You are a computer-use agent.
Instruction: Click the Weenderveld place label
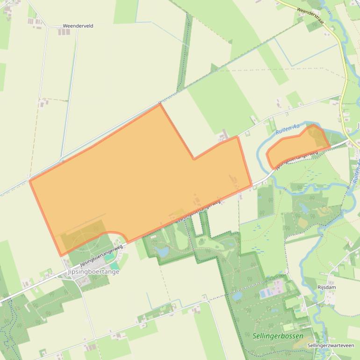(x=78, y=26)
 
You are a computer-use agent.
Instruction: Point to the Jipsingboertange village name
(x=93, y=272)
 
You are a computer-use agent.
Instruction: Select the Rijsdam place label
(x=327, y=287)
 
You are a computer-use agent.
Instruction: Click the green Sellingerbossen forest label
(x=278, y=336)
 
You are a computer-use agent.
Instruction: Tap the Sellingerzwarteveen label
(x=331, y=346)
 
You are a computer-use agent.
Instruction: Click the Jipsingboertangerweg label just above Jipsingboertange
(x=101, y=255)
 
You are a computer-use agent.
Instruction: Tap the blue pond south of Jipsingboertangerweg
(x=162, y=252)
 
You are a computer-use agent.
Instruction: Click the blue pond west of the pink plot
(x=237, y=296)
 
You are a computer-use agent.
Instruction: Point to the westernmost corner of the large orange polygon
(x=30, y=180)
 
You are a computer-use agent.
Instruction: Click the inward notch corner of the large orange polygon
(x=194, y=159)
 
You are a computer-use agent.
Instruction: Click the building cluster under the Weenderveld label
(x=64, y=32)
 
